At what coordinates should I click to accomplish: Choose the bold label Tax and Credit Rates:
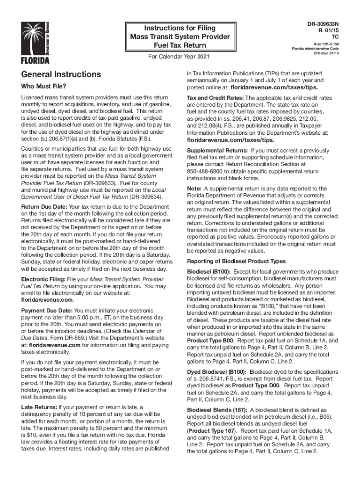click(x=216, y=98)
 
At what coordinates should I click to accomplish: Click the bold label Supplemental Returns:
click(x=217, y=151)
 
